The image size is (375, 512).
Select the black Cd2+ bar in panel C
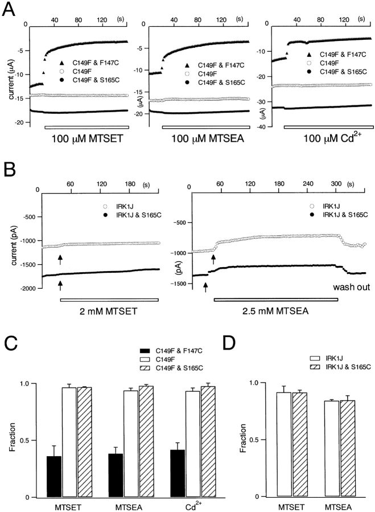(x=180, y=465)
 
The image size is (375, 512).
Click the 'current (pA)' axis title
(x=13, y=241)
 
